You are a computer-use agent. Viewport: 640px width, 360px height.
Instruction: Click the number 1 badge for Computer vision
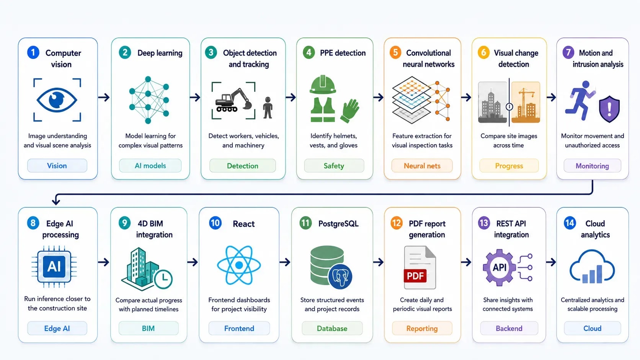pyautogui.click(x=33, y=53)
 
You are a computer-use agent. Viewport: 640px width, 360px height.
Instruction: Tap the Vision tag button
pyautogui.click(x=57, y=166)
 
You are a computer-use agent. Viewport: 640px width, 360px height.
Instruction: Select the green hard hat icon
pyautogui.click(x=323, y=85)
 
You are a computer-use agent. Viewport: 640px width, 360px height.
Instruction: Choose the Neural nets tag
pyautogui.click(x=422, y=166)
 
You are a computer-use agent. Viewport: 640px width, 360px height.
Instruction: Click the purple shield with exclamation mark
pyautogui.click(x=609, y=109)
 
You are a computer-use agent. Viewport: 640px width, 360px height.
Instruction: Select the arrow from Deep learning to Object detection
pyautogui.click(x=195, y=97)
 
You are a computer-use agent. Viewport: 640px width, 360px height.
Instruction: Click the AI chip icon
pyautogui.click(x=54, y=267)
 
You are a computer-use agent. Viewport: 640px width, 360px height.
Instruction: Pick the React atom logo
pyautogui.click(x=239, y=265)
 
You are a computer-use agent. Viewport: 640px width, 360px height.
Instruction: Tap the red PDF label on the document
pyautogui.click(x=415, y=276)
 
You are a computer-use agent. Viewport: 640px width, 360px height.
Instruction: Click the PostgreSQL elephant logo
pyautogui.click(x=340, y=276)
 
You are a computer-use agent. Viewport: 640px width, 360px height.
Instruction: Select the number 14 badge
pyautogui.click(x=570, y=223)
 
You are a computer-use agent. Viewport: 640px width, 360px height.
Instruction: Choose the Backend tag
pyautogui.click(x=509, y=328)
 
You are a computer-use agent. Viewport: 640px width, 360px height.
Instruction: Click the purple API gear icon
pyautogui.click(x=500, y=267)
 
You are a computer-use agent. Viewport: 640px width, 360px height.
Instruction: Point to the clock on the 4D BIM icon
pyautogui.click(x=163, y=279)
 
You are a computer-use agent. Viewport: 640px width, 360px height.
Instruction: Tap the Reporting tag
pyautogui.click(x=422, y=328)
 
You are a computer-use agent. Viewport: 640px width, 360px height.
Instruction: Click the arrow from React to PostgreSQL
pyautogui.click(x=285, y=262)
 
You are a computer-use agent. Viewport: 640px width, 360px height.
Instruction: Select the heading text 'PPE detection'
pyautogui.click(x=343, y=53)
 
